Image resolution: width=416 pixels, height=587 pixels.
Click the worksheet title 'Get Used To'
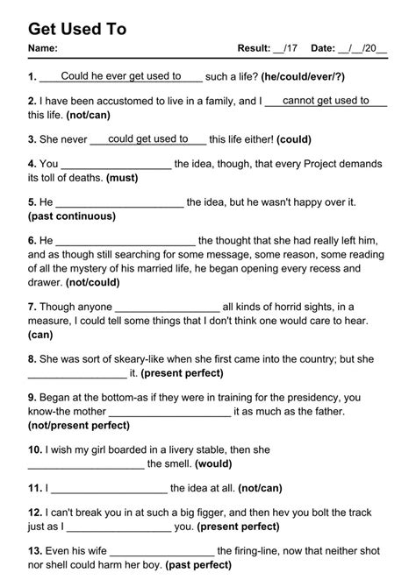(x=77, y=29)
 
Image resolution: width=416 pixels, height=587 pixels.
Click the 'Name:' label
(x=43, y=48)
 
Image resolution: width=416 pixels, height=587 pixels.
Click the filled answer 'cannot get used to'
(x=326, y=101)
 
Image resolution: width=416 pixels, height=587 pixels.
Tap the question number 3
(x=32, y=139)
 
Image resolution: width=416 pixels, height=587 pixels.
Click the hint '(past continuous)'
(x=72, y=215)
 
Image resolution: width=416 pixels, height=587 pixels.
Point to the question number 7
(x=32, y=307)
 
